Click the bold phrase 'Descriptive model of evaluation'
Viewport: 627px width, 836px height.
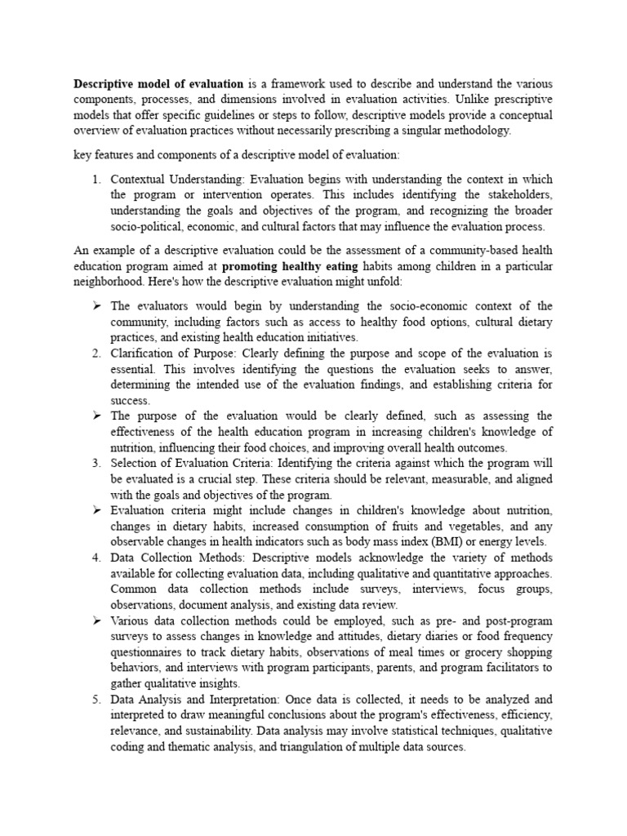(158, 83)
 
